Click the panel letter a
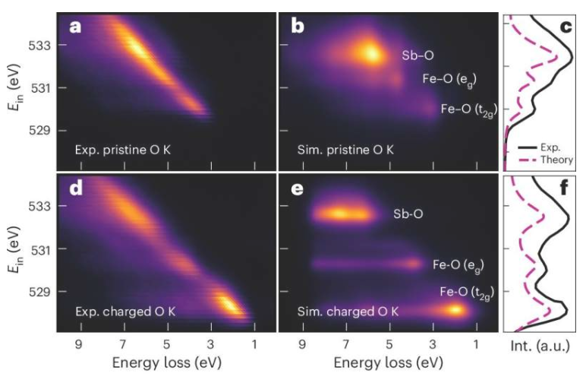pos(75,28)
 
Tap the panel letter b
pos(298,28)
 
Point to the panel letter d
pos(75,189)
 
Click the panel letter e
pos(298,189)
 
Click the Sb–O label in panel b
pos(417,55)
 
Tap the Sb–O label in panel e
pos(408,214)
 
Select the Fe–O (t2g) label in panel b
pos(471,110)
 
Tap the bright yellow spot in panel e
pos(455,310)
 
